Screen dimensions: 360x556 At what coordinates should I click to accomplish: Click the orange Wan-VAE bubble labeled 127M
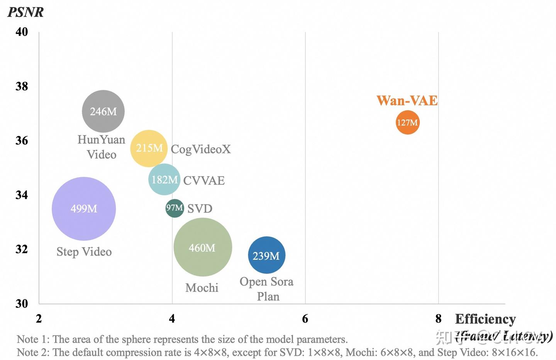[407, 122]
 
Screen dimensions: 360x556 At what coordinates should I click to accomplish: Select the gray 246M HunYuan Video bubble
[103, 111]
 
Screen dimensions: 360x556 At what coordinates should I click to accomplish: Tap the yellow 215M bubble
[149, 148]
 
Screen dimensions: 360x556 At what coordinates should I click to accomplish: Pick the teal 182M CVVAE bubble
[164, 179]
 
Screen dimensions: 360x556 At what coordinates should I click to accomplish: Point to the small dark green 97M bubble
[175, 208]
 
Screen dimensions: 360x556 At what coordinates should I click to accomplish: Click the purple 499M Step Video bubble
[84, 209]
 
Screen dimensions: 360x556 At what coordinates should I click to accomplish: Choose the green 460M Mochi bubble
[203, 247]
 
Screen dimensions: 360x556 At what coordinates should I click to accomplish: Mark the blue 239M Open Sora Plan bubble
[266, 255]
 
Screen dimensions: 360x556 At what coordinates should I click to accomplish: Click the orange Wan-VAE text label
[407, 101]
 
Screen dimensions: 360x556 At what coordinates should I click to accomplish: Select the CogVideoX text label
[201, 149]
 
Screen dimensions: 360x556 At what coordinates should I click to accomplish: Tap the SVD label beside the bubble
[200, 209]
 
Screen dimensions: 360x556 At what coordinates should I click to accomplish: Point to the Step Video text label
[84, 252]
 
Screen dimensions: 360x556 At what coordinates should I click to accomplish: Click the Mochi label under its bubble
[202, 287]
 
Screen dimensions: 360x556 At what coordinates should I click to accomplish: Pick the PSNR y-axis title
[25, 12]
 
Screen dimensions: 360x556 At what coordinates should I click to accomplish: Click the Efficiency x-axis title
[485, 319]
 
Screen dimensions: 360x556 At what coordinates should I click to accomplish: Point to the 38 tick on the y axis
[22, 86]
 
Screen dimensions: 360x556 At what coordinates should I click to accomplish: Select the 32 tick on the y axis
[22, 249]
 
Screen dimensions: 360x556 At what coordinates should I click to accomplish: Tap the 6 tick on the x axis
[305, 318]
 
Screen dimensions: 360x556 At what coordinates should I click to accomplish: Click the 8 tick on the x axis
[438, 318]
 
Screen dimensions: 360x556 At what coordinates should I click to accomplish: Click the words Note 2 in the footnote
[33, 352]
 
